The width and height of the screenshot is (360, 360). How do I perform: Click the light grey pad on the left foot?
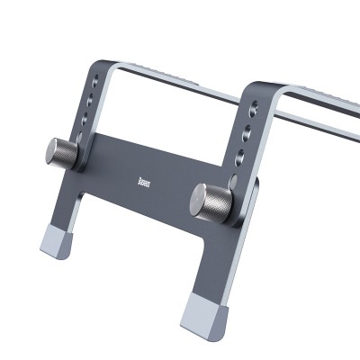[x=58, y=243]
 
